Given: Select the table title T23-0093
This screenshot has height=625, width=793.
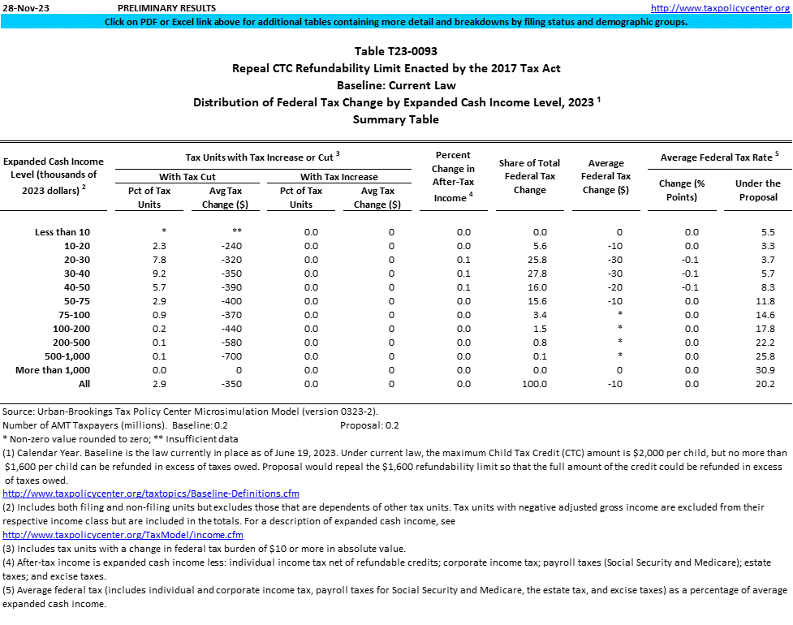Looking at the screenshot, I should point(396,51).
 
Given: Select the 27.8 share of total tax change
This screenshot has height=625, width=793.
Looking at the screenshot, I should point(529,274).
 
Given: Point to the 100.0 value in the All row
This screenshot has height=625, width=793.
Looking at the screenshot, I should point(529,384).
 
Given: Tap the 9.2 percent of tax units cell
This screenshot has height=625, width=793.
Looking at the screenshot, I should point(139,274).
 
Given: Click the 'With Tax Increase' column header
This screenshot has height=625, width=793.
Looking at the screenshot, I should point(338,177).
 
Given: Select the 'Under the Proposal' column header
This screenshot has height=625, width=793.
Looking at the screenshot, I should point(757,190).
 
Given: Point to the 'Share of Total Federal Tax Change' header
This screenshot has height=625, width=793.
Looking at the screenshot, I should point(529,176).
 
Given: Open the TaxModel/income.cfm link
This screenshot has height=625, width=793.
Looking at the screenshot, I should point(123,535).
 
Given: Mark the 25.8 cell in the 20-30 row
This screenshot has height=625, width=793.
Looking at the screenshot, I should point(529,260).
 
